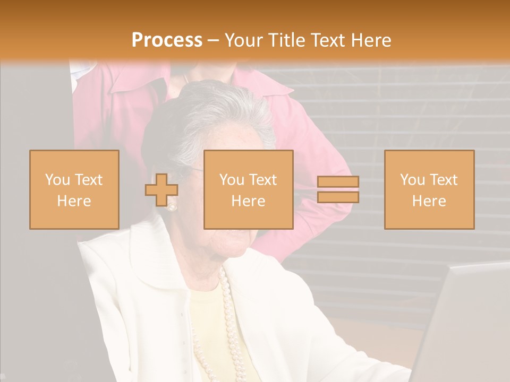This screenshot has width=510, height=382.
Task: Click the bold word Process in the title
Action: tap(167, 40)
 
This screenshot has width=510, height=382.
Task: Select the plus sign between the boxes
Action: tap(161, 190)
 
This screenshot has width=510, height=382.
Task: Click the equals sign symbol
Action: tap(338, 189)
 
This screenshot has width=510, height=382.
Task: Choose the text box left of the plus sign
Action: tap(74, 189)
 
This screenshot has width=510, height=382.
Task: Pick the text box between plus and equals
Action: tap(249, 189)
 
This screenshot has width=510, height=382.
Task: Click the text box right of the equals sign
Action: tap(429, 189)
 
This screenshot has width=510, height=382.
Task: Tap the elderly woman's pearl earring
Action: tap(172, 206)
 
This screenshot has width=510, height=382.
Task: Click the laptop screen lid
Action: tap(467, 318)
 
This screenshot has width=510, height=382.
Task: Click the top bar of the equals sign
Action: tap(338, 182)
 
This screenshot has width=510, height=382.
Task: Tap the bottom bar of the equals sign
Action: tap(338, 197)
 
